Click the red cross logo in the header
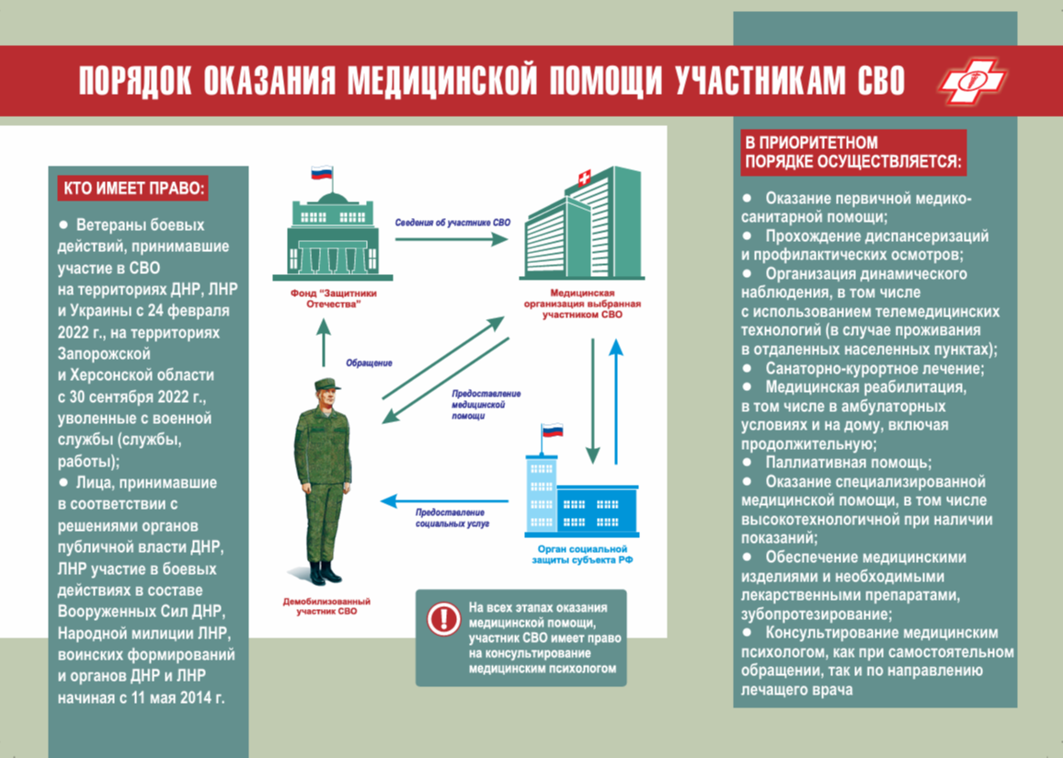pyautogui.click(x=972, y=80)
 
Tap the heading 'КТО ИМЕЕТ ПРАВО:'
pyautogui.click(x=133, y=188)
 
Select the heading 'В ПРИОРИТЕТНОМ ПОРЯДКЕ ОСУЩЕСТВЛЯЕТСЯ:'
pyautogui.click(x=852, y=152)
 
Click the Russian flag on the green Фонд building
pyautogui.click(x=321, y=172)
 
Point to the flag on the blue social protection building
pyautogui.click(x=552, y=431)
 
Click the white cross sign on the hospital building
pyautogui.click(x=583, y=178)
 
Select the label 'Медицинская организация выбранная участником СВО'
pyautogui.click(x=582, y=304)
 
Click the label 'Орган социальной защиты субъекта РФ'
pyautogui.click(x=582, y=554)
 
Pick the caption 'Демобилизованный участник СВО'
pyautogui.click(x=326, y=606)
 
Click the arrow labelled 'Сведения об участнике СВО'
pyautogui.click(x=451, y=238)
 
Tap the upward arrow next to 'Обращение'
pyautogui.click(x=324, y=342)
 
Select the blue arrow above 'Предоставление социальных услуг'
pyautogui.click(x=445, y=501)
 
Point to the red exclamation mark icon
pyautogui.click(x=443, y=618)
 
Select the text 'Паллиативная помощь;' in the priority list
pyautogui.click(x=849, y=463)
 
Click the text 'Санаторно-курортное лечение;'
pyautogui.click(x=874, y=369)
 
